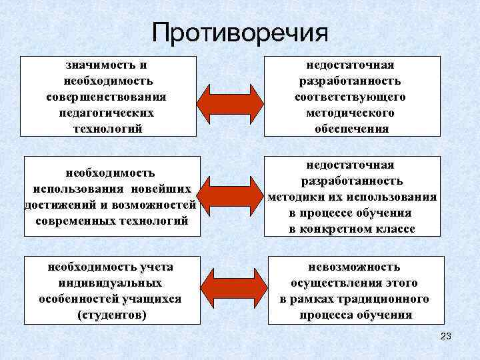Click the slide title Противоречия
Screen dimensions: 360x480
(240, 33)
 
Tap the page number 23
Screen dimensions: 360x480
(446, 337)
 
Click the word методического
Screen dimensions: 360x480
(351, 113)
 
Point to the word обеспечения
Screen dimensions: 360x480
(351, 129)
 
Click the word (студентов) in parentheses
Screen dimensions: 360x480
(111, 315)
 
